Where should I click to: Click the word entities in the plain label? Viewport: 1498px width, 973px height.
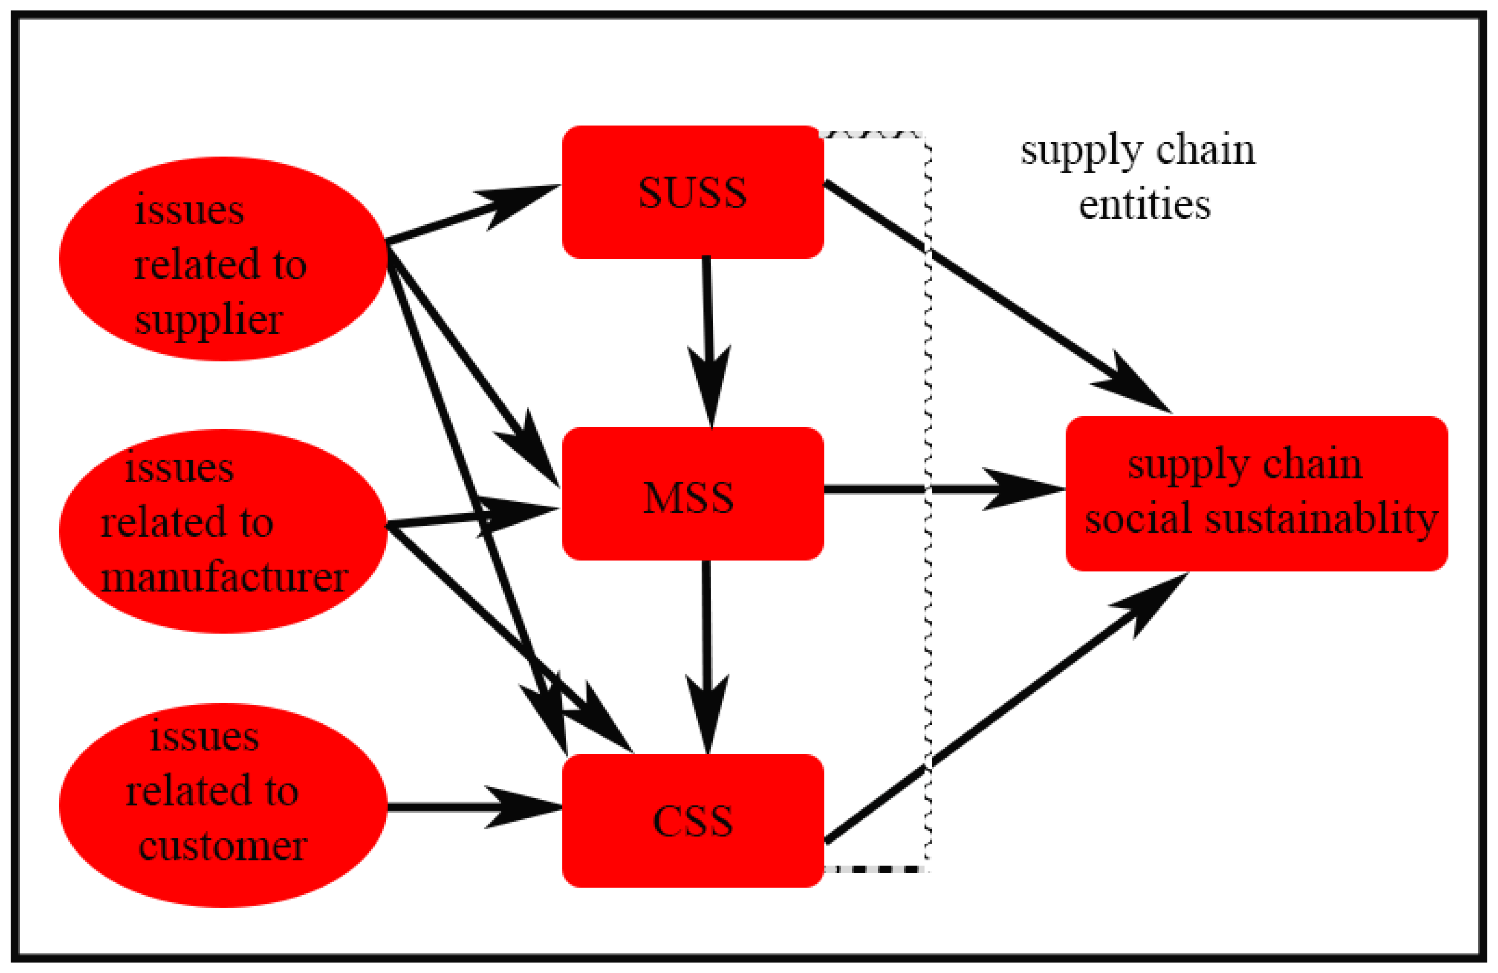(1144, 205)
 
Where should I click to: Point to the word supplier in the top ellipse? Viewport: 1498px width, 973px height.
(209, 320)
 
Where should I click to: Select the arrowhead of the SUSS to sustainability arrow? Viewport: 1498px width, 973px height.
(1133, 387)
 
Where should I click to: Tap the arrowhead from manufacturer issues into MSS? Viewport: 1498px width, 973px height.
(516, 515)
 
